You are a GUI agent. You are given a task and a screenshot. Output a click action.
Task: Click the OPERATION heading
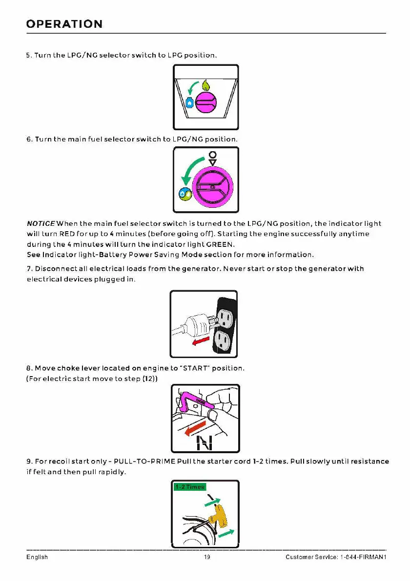click(64, 24)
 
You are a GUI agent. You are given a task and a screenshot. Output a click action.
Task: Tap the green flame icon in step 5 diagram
click(207, 86)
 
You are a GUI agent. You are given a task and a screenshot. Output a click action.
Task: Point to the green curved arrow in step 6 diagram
click(191, 168)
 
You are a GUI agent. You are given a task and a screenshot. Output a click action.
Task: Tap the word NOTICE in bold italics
click(41, 223)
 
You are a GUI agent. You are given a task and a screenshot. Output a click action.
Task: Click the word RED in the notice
click(67, 234)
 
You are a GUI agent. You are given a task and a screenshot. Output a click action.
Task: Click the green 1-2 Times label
click(190, 486)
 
